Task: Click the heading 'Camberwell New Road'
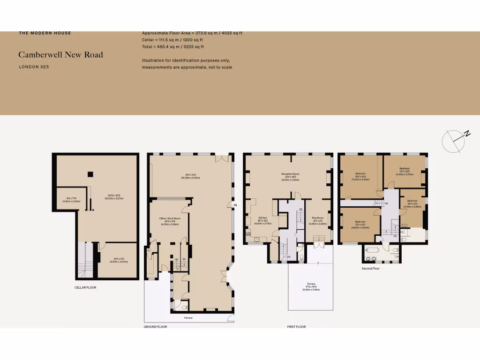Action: click(60, 55)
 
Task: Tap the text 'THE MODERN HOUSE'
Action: click(45, 33)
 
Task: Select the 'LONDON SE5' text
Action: click(34, 67)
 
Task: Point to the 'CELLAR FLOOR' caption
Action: click(85, 287)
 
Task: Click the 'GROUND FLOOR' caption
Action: click(155, 327)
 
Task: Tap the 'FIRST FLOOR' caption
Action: click(296, 327)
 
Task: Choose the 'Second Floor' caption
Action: click(370, 269)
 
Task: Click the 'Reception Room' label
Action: click(290, 174)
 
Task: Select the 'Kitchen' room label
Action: click(262, 217)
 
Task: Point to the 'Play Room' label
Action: click(318, 217)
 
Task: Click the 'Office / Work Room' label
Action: click(170, 218)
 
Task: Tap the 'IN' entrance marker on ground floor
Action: click(236, 205)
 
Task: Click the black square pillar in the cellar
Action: click(89, 174)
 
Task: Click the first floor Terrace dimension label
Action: click(311, 286)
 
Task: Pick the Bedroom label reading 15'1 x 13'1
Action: click(360, 224)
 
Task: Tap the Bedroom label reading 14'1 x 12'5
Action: click(405, 171)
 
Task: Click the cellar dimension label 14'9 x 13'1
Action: click(119, 260)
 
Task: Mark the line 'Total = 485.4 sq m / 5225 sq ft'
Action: click(173, 47)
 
